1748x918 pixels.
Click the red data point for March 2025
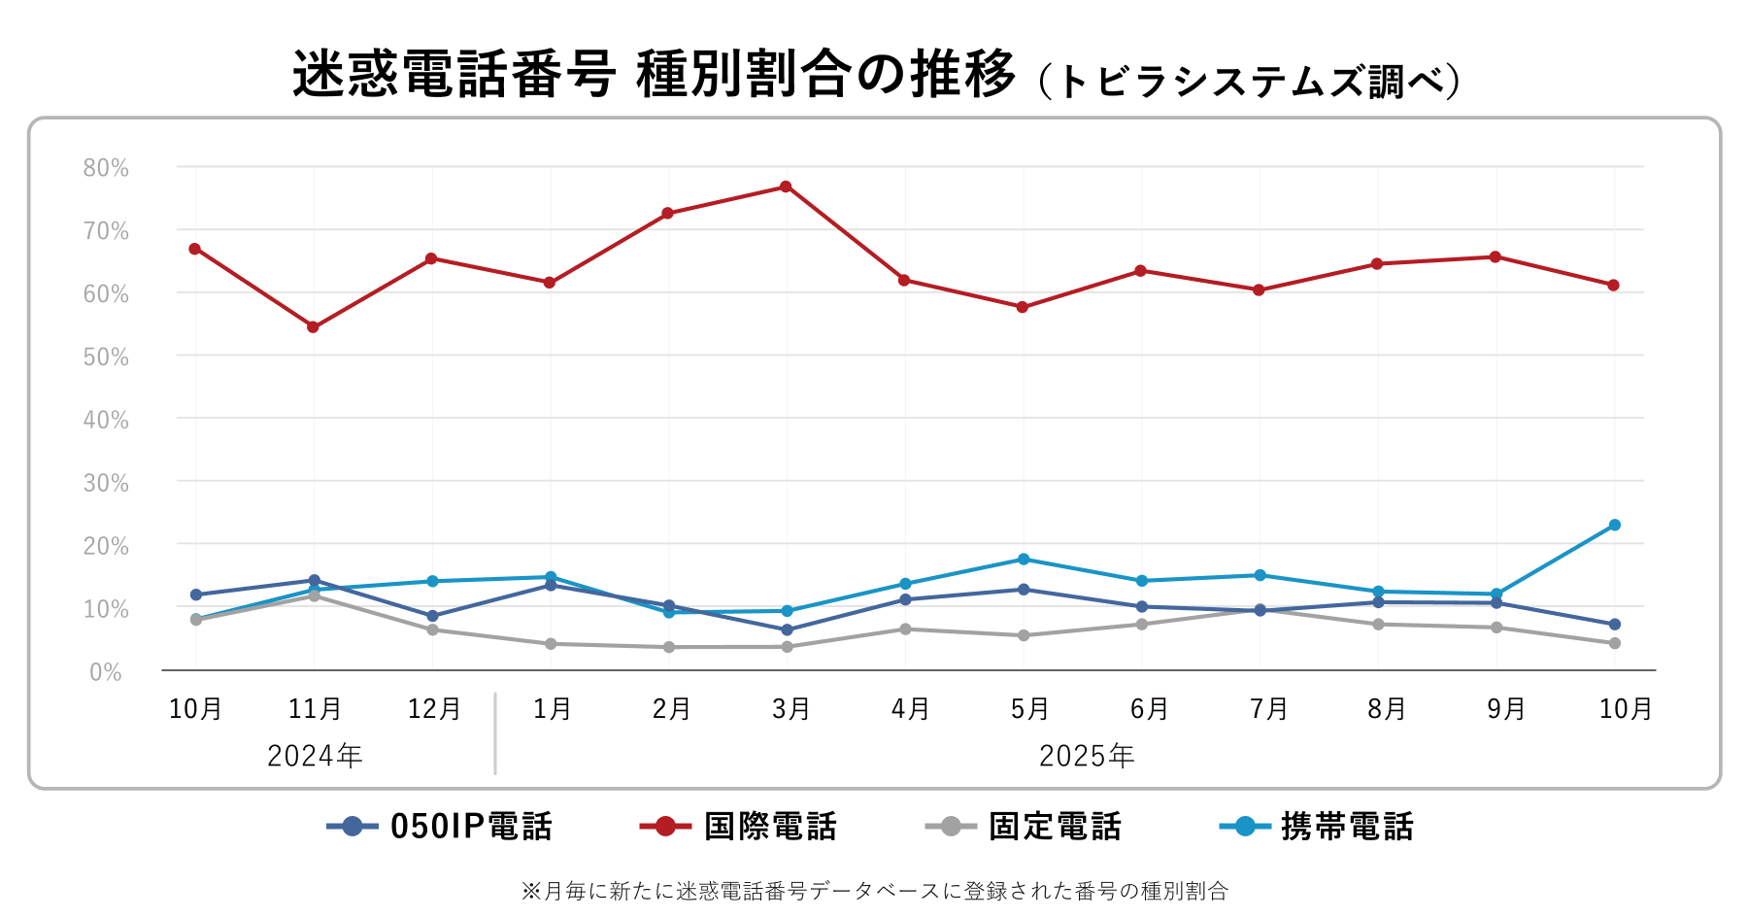786,187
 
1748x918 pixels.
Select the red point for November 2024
313,327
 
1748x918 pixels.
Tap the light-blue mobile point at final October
1614,526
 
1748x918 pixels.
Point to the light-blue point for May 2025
1023,560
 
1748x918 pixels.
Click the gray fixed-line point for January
551,644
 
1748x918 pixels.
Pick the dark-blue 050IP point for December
432,616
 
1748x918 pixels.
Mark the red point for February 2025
667,213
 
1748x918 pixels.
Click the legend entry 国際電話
738,827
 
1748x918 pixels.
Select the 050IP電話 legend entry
440,827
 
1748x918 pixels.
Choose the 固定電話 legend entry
1024,827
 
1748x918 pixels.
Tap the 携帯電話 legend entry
1317,827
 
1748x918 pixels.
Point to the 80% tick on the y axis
106,168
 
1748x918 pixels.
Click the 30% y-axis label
106,483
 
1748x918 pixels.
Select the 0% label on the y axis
106,672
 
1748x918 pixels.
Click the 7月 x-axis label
1268,709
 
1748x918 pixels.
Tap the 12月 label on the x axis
433,709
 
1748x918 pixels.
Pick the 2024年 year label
315,756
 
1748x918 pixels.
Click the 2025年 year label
1086,756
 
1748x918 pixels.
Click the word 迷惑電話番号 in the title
454,75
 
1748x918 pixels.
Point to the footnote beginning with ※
874,891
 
